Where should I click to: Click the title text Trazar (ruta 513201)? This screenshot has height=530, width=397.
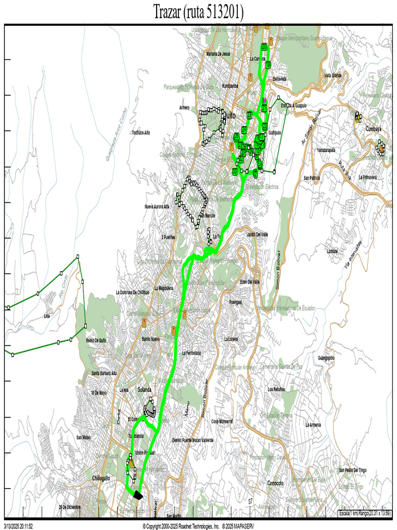(198, 12)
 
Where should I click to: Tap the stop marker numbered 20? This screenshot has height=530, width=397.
(264, 47)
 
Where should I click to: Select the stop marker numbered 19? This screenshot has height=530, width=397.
(268, 65)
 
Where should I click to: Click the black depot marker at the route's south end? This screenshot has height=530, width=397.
(137, 494)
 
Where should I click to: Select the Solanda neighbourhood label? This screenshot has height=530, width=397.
(145, 389)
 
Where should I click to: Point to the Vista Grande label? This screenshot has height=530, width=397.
(333, 76)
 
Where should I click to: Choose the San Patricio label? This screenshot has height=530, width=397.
(312, 178)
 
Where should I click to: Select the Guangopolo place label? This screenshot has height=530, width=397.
(327, 358)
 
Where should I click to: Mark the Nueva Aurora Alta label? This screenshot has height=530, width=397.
(158, 206)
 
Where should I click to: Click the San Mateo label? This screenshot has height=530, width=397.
(83, 437)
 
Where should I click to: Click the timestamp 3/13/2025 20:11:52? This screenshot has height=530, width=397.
(19, 525)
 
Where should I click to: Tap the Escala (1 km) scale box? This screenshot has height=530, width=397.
(365, 513)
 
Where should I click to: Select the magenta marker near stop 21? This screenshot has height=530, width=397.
(265, 99)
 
